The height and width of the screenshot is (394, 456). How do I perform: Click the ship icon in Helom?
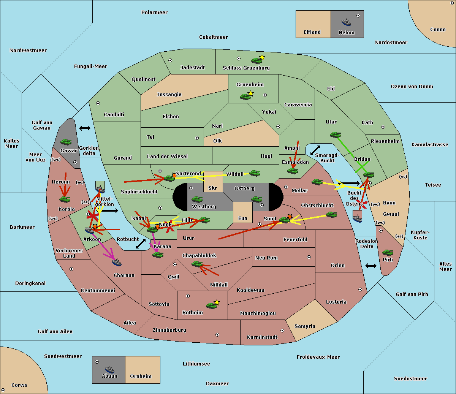pos(346,22)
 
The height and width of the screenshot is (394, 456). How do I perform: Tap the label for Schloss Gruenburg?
pos(246,68)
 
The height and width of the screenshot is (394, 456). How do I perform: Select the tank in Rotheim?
pos(211,305)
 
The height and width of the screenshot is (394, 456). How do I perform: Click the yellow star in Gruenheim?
pos(250,93)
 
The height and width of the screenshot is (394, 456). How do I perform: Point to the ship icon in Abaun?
pos(109,369)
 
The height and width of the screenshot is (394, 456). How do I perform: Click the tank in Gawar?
pos(66,142)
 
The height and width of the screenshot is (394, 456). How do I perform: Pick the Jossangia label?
pos(169,95)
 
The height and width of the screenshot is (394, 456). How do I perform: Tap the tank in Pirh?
pos(388,253)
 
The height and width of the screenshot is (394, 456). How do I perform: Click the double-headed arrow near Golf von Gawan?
pos(84,128)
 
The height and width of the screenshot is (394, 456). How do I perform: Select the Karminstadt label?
pos(262,337)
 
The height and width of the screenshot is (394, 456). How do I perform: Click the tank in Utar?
pos(335,134)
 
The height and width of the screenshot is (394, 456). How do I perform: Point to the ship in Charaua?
pos(117,262)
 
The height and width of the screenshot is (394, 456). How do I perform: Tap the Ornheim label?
pos(141,377)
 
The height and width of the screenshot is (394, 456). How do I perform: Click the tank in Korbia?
pos(65,199)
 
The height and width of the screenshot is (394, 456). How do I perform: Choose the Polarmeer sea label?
pos(154,13)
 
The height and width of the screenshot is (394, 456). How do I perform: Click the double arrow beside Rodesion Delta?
pos(371,266)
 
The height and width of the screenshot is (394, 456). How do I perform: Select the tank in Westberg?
pos(197,199)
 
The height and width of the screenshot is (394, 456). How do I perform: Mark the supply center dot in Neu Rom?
pos(309,257)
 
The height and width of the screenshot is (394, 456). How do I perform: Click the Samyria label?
pos(305,326)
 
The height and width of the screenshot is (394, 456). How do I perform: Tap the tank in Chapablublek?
pos(197,264)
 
